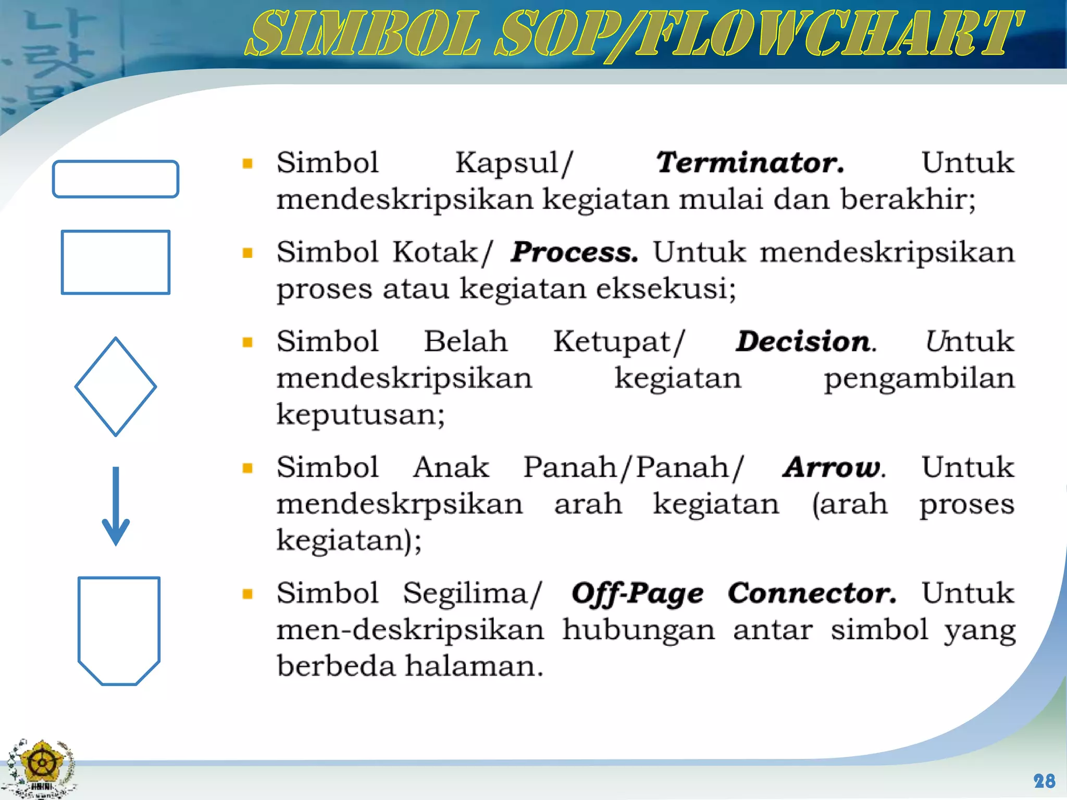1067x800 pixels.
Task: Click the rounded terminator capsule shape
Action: pyautogui.click(x=115, y=179)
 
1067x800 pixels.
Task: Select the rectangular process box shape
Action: pyautogui.click(x=115, y=262)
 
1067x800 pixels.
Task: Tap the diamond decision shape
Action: pyautogui.click(x=115, y=386)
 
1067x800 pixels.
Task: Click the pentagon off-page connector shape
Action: pyautogui.click(x=119, y=630)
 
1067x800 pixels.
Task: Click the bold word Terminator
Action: pyautogui.click(x=749, y=162)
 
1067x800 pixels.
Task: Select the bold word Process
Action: pyautogui.click(x=574, y=252)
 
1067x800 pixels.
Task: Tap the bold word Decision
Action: pyautogui.click(x=805, y=342)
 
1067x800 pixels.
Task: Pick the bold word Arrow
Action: pyautogui.click(x=833, y=467)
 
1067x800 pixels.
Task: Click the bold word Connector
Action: pyautogui.click(x=811, y=593)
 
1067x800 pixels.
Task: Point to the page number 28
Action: pyautogui.click(x=1044, y=781)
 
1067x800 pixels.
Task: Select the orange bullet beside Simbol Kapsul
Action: pyautogui.click(x=247, y=164)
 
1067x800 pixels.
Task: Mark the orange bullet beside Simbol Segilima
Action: pyautogui.click(x=247, y=594)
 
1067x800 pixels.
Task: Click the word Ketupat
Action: pyautogui.click(x=618, y=343)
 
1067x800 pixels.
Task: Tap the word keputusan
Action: pyautogui.click(x=360, y=415)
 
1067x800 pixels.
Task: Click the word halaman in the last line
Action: pyautogui.click(x=474, y=666)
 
